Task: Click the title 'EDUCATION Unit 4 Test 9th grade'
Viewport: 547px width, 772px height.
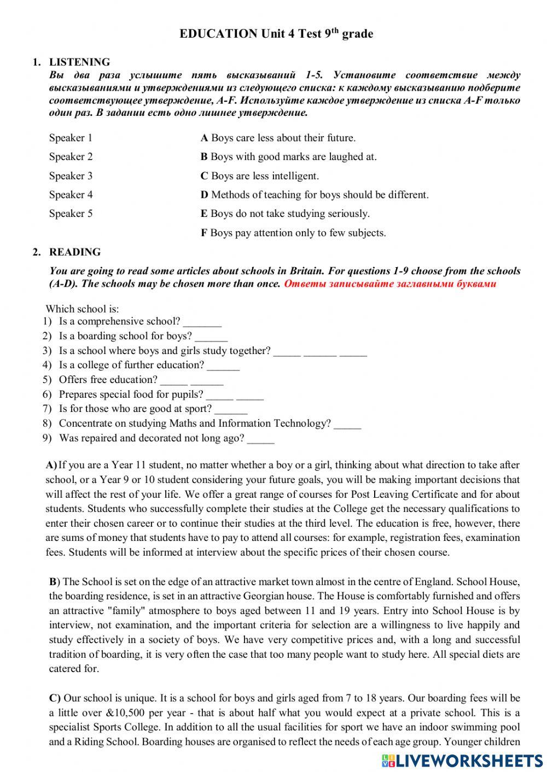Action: [276, 34]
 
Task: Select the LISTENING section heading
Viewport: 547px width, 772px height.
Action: [79, 62]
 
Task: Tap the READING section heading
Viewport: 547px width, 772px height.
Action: [75, 252]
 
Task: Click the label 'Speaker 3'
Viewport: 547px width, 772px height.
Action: [71, 176]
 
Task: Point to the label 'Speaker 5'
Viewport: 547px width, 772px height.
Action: [71, 214]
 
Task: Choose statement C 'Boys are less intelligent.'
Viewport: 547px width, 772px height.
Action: [260, 176]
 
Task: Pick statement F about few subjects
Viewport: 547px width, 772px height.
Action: [293, 233]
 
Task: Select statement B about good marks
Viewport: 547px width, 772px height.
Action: [289, 157]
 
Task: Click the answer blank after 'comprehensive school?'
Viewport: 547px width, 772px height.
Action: [202, 322]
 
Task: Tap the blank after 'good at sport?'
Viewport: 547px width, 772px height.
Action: [231, 410]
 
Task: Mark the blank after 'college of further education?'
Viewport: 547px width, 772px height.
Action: [223, 366]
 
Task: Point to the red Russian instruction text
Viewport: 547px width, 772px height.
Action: [390, 284]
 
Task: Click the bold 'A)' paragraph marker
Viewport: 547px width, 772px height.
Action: [51, 465]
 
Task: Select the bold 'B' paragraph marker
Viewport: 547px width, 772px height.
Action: [53, 581]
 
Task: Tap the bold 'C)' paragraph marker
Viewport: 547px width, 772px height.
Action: [55, 698]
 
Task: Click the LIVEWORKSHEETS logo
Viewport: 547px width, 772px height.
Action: [462, 760]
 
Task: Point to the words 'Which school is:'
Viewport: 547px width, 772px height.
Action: [82, 309]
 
